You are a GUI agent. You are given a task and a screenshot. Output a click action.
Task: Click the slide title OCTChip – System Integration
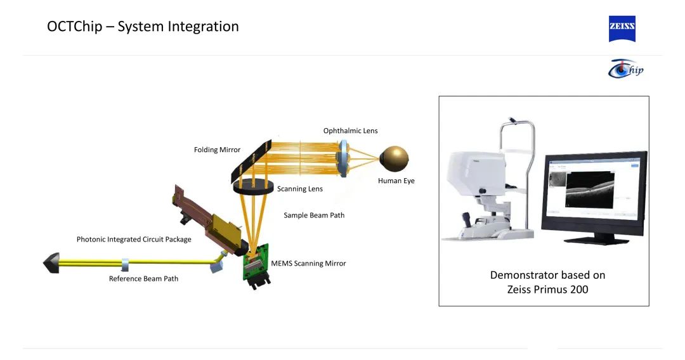click(x=143, y=27)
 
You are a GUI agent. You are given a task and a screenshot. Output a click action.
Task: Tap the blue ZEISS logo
click(x=622, y=29)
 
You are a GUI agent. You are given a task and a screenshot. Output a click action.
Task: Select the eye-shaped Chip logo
click(x=625, y=68)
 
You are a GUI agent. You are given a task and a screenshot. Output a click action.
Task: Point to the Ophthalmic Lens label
click(x=350, y=131)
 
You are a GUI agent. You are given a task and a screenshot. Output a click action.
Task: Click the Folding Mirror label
click(x=217, y=150)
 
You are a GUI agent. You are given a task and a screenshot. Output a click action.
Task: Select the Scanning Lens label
click(x=299, y=189)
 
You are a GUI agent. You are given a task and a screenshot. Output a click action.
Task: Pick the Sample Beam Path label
click(x=314, y=215)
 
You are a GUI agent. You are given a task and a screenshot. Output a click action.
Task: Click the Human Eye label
click(x=396, y=181)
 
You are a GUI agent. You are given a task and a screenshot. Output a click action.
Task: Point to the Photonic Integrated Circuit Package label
click(x=134, y=240)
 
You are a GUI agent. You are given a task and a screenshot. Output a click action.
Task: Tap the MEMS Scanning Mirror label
click(x=308, y=264)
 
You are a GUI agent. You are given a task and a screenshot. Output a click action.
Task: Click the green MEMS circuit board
click(x=256, y=266)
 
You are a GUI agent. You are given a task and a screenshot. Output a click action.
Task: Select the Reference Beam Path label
click(x=143, y=279)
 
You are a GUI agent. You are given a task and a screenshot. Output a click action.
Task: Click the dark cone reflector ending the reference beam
click(x=51, y=262)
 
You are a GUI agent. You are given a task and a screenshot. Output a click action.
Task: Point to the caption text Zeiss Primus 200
click(x=547, y=290)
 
